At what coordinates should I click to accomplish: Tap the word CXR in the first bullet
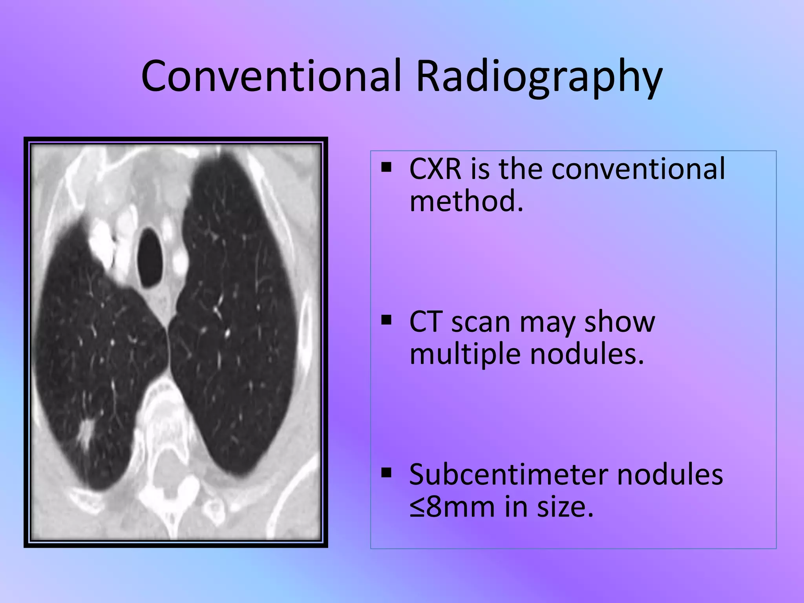pyautogui.click(x=435, y=169)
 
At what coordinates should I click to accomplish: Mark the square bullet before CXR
pyautogui.click(x=386, y=168)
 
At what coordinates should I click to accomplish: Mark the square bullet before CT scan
pyautogui.click(x=386, y=321)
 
